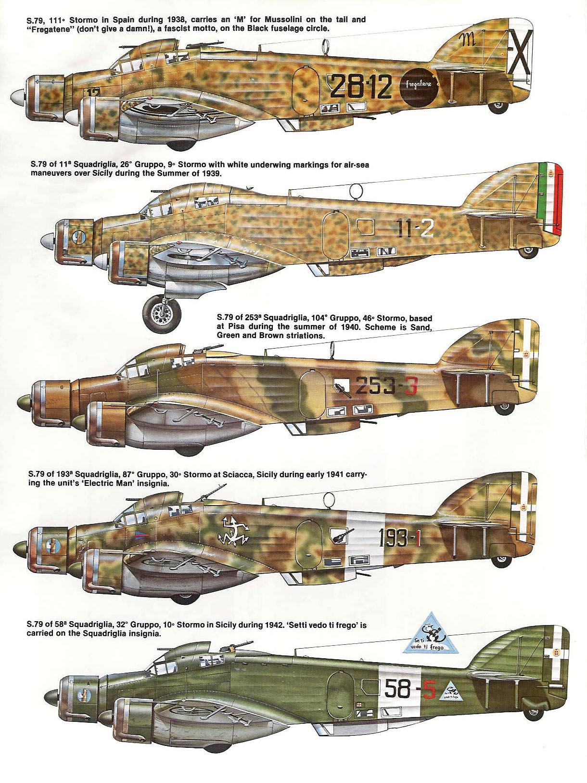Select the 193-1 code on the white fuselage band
(399, 538)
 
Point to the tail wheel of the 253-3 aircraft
(504, 407)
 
